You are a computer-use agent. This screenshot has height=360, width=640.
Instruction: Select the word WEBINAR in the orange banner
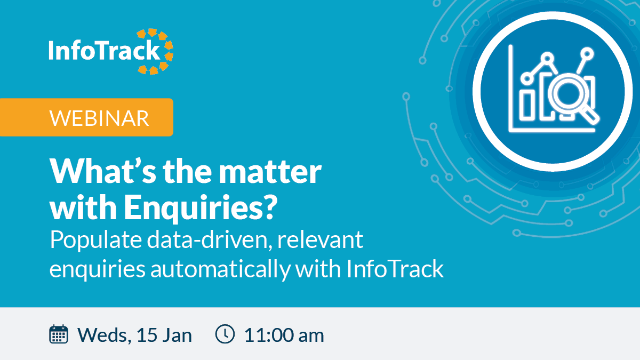pos(99,118)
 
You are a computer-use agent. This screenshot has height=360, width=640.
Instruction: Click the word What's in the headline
pos(103,171)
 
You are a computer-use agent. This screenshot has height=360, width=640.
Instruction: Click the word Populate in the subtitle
pos(95,240)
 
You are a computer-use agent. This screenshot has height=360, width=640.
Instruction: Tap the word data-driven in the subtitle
pos(210,239)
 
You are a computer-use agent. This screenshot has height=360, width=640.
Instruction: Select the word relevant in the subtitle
pos(321,239)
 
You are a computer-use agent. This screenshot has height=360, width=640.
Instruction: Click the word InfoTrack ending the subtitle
pos(395,269)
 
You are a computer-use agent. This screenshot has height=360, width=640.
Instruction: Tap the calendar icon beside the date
pos(59,334)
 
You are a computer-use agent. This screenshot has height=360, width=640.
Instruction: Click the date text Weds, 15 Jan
pos(134,335)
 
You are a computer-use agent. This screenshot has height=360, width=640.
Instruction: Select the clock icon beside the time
pos(225,334)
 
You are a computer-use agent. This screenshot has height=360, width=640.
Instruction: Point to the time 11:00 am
pos(284,335)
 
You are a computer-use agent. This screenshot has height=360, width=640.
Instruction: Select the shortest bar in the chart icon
pos(526,106)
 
